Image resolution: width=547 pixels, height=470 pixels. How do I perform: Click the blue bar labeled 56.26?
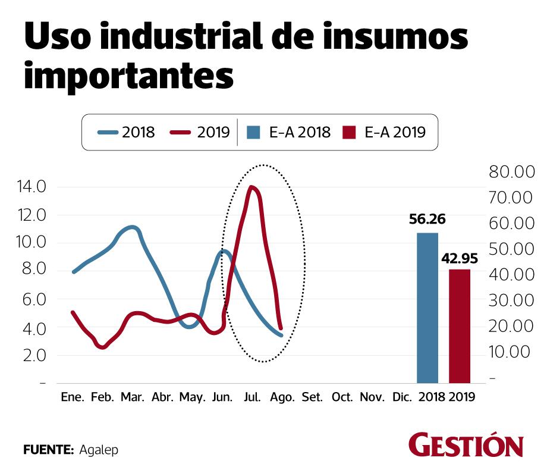point(427,308)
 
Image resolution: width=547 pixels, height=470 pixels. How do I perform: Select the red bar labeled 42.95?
point(459,326)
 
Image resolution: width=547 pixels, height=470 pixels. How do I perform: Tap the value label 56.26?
point(427,220)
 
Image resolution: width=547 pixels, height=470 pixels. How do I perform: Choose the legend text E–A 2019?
point(395,132)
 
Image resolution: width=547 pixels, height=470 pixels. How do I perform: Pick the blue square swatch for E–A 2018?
point(252,132)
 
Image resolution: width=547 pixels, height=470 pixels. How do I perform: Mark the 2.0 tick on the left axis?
point(32,355)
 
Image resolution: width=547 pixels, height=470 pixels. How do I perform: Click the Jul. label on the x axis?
point(253,397)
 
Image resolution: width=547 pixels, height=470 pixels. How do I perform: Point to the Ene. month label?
point(73,397)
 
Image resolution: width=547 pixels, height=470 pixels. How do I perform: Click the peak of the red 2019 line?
point(253,188)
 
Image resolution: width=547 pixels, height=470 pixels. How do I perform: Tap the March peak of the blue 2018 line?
point(132,227)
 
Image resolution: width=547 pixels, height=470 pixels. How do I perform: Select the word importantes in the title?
point(127,75)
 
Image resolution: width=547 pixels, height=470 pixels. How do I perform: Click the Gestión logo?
point(466,446)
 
